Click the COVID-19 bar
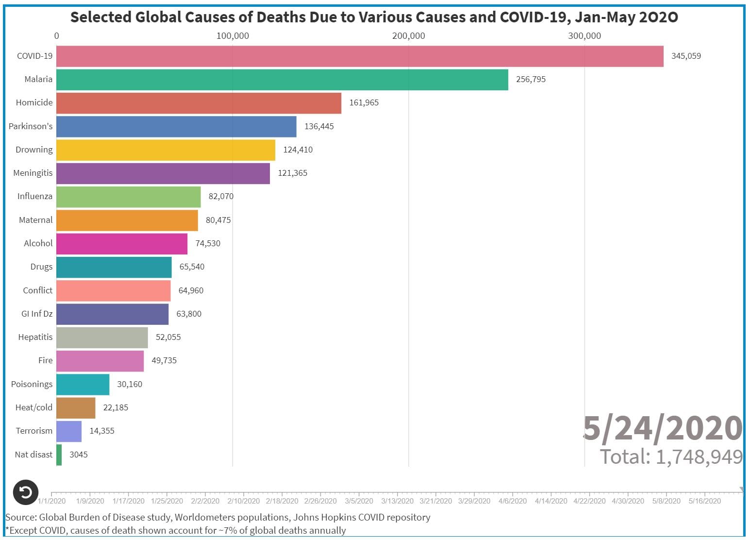pos(359,56)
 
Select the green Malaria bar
pos(282,80)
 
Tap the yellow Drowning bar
pos(166,150)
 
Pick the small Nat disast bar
pos(59,455)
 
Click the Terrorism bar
pos(69,431)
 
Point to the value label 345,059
pos(685,56)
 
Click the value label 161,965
pos(364,103)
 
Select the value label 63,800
pos(188,314)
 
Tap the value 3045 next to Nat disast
pos(78,455)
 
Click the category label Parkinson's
pos(31,126)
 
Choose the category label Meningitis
pos(33,173)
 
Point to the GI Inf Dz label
pos(36,314)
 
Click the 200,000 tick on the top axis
pos(408,36)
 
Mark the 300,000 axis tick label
pos(584,36)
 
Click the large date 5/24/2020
pos(662,429)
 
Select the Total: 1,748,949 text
pos(671,457)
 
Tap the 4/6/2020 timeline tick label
pos(512,501)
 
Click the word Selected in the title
pos(100,17)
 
